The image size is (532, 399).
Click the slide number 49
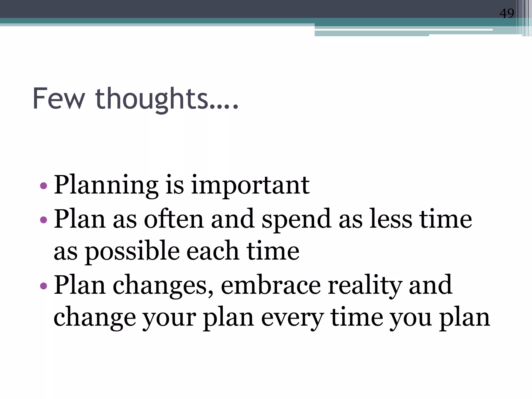click(507, 14)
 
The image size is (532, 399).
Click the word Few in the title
click(59, 99)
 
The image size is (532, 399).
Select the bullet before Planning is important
click(44, 186)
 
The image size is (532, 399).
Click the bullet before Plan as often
click(44, 220)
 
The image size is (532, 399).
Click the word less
click(391, 219)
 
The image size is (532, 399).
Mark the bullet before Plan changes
click(44, 286)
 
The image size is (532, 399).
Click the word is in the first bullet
click(175, 185)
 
